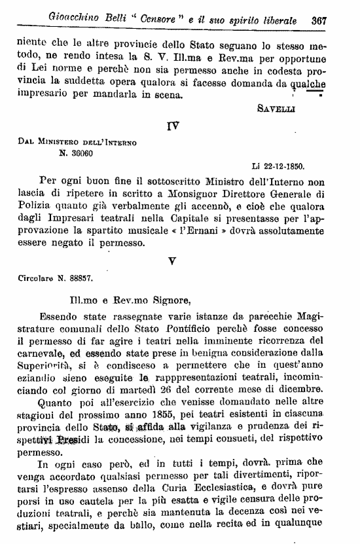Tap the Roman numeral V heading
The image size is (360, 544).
pyautogui.click(x=172, y=260)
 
